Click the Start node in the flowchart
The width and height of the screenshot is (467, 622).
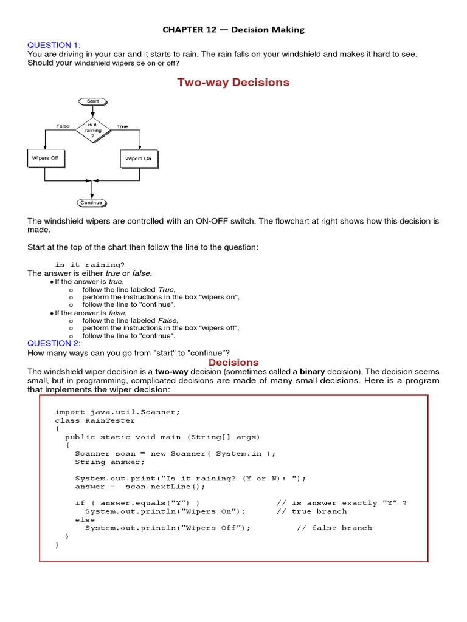[92, 101]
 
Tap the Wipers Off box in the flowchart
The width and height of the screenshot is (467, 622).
[46, 159]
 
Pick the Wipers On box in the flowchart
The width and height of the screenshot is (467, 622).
[139, 159]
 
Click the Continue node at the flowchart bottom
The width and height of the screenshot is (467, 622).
[92, 203]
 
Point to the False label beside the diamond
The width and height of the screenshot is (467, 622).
[63, 126]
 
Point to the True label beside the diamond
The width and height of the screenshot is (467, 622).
[122, 126]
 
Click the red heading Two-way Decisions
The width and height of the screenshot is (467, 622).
[233, 83]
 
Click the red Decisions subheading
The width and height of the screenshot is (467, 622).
[234, 363]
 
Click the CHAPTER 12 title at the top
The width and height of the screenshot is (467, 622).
[234, 29]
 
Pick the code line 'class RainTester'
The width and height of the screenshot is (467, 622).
[95, 420]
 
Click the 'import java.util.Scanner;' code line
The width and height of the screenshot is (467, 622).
[117, 412]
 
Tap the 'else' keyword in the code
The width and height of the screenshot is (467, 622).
[85, 520]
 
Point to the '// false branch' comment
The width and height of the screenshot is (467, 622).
[334, 528]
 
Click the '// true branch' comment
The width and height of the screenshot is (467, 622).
[311, 511]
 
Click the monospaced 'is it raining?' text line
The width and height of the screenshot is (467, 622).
[90, 265]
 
